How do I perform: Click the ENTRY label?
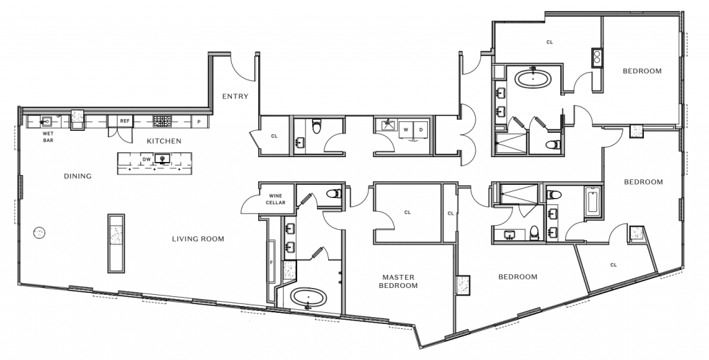pyautogui.click(x=235, y=96)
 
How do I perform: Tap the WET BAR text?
pyautogui.click(x=48, y=137)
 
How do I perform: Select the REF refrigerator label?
pyautogui.click(x=125, y=121)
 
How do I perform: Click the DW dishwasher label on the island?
pyautogui.click(x=147, y=159)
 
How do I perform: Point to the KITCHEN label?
pyautogui.click(x=164, y=141)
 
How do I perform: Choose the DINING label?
pyautogui.click(x=78, y=176)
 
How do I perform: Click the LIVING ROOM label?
pyautogui.click(x=198, y=239)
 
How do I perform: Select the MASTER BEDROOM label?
pyautogui.click(x=398, y=281)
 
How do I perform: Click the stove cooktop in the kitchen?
pyautogui.click(x=162, y=121)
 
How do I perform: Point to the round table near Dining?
pyautogui.click(x=39, y=233)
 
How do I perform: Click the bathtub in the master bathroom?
pyautogui.click(x=308, y=298)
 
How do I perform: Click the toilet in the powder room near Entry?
pyautogui.click(x=317, y=127)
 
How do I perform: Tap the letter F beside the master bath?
pyautogui.click(x=271, y=262)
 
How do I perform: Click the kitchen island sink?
pyautogui.click(x=162, y=159)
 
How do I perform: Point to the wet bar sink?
pyautogui.click(x=46, y=122)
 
